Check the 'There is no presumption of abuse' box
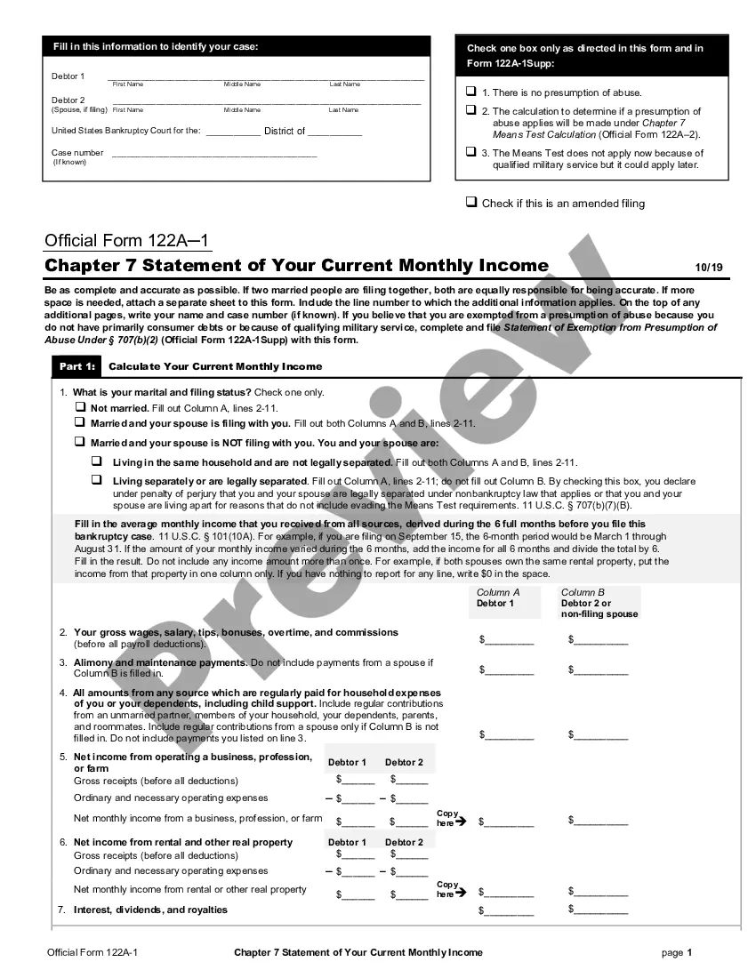tap(471, 92)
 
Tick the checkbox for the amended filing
tap(471, 203)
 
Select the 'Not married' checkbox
tap(80, 407)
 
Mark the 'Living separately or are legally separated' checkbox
tap(97, 480)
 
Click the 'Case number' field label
tap(77, 153)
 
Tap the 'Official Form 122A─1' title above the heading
tap(127, 241)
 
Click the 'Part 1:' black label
tap(77, 366)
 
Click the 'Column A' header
tap(498, 592)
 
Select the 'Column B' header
tap(583, 592)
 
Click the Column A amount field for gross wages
tap(510, 639)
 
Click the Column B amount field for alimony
tap(600, 669)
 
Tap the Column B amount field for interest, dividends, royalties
tap(600, 910)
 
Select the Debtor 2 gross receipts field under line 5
tap(411, 780)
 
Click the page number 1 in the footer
tap(688, 952)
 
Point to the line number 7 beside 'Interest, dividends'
tap(61, 910)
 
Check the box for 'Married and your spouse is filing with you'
tap(80, 423)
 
